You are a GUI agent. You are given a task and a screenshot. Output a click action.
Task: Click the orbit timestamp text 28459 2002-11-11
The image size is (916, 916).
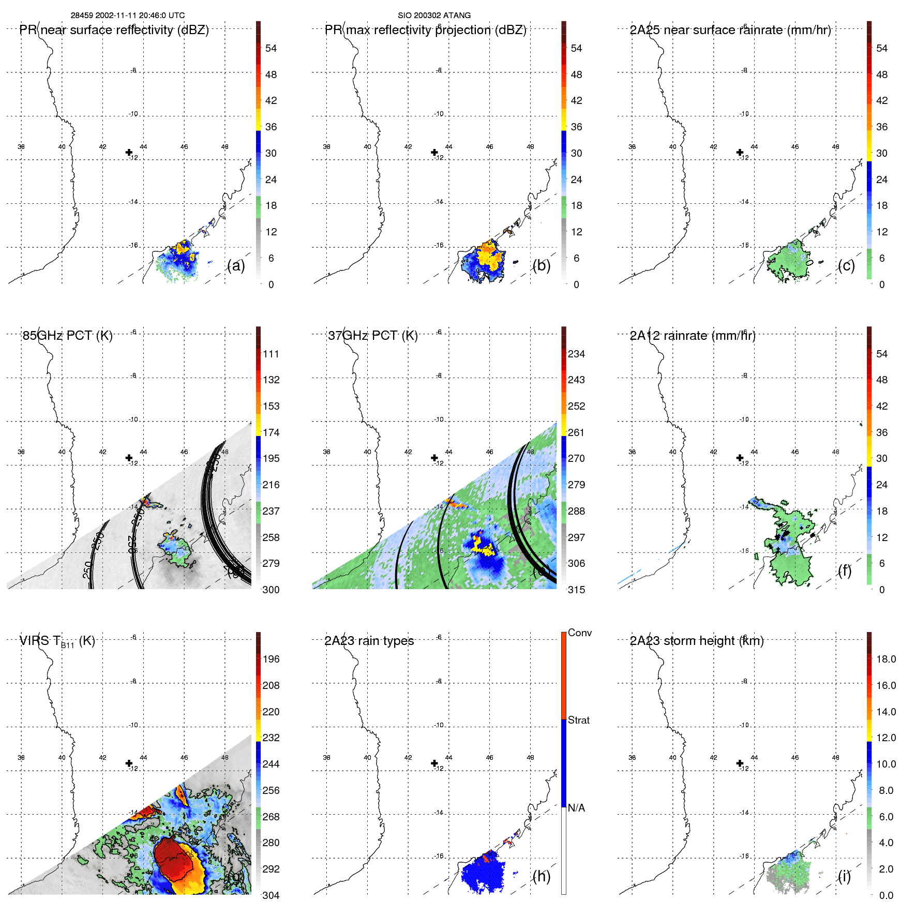pos(103,16)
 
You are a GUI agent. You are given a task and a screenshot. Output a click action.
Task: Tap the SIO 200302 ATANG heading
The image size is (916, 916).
pos(434,16)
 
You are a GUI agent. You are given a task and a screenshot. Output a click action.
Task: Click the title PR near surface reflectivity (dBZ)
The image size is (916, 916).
pos(114,30)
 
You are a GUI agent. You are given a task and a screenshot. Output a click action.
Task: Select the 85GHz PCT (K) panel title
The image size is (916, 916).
pos(67,336)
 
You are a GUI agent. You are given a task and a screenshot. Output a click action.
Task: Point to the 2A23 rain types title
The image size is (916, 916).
pos(369,641)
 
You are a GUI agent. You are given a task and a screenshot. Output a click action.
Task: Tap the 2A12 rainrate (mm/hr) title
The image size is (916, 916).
pos(693,336)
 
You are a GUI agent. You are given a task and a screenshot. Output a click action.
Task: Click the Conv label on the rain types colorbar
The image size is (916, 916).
pos(579,633)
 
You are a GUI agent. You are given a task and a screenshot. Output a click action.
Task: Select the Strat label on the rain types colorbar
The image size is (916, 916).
pos(579,720)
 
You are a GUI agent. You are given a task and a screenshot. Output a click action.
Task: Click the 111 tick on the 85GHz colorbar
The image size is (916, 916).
pos(271,354)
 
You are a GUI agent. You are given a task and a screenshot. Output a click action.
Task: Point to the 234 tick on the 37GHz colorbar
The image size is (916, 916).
pos(576,354)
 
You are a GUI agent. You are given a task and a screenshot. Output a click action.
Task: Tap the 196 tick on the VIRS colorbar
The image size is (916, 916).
pos(271,659)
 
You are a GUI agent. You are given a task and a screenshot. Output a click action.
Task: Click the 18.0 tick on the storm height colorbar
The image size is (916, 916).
pos(886,659)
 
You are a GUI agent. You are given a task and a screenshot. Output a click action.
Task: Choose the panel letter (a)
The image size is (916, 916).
pos(236,266)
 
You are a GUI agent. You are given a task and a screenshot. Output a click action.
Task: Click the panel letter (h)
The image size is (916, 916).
pos(541,876)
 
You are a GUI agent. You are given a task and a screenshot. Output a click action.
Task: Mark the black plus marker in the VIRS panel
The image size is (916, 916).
pos(129,763)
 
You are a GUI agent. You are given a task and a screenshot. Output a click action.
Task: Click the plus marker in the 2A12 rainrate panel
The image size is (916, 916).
pos(740,458)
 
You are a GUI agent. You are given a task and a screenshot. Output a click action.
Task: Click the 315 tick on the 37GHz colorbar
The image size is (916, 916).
pos(576,590)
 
